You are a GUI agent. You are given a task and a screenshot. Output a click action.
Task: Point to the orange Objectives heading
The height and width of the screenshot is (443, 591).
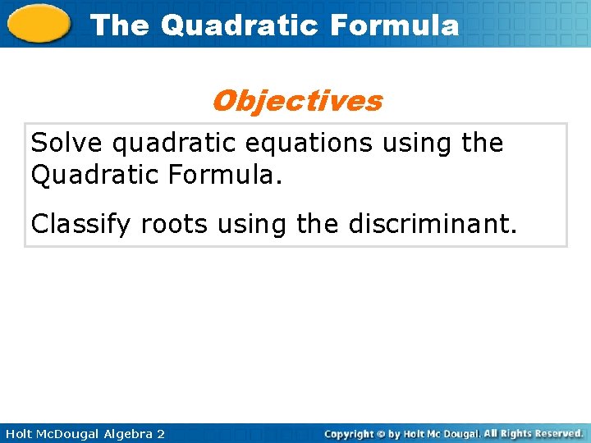point(296,101)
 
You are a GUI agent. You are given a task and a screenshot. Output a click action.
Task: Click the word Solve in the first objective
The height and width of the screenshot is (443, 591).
point(67,143)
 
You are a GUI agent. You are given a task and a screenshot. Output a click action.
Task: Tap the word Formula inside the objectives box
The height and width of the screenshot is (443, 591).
point(225,174)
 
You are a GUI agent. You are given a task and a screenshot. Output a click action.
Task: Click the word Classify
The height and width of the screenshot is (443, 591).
point(82,224)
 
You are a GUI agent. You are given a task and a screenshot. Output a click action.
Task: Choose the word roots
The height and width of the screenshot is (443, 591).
point(174,224)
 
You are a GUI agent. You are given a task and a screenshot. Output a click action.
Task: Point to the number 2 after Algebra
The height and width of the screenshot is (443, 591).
point(160,433)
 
